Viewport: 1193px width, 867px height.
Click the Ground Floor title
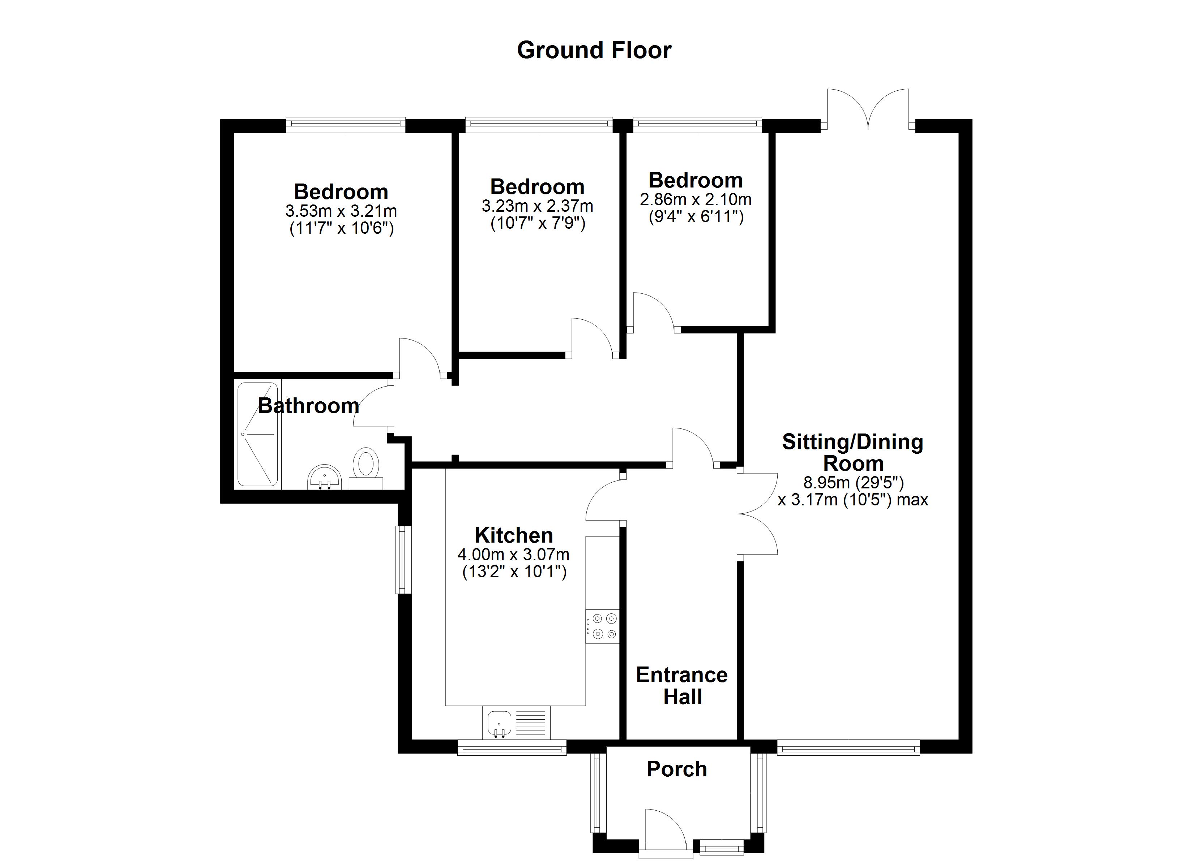(594, 51)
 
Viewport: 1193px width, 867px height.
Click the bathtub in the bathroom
(257, 434)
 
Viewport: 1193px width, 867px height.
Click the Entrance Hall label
(682, 686)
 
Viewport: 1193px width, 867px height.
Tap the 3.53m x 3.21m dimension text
(341, 211)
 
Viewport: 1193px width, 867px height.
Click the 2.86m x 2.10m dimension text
(696, 200)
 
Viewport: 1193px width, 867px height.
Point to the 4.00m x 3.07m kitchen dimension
(513, 555)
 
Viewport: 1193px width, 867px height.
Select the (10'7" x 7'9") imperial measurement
(538, 224)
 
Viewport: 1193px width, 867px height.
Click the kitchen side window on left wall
(403, 560)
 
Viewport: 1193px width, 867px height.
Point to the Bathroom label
(308, 406)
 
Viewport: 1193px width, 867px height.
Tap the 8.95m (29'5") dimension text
(853, 482)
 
